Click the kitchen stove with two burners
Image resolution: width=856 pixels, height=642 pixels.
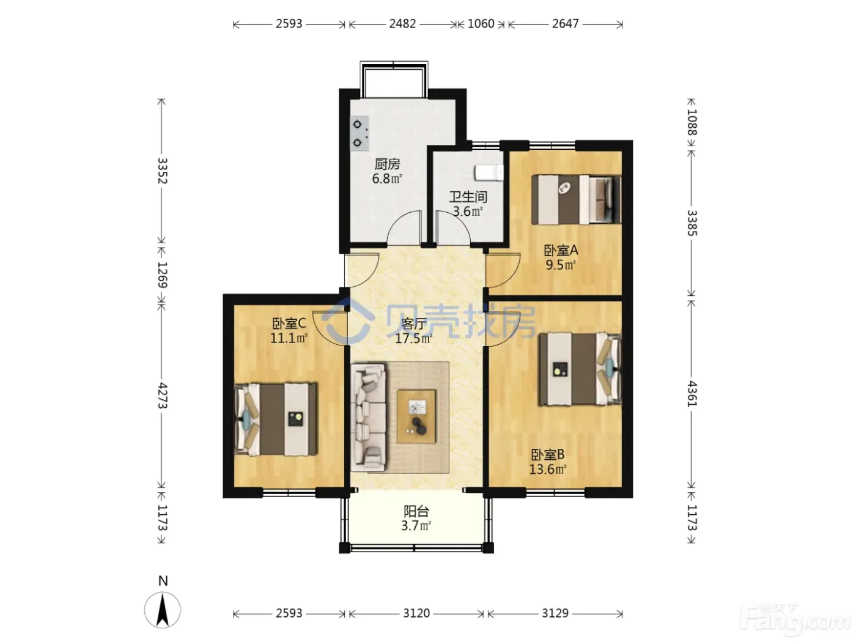coord(359,133)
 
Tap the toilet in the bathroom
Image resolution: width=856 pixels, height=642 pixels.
coord(489,172)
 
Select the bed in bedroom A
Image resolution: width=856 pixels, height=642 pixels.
coord(576,199)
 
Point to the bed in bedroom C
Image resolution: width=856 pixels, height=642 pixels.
coord(275,419)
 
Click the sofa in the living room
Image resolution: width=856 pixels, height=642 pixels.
coord(369,418)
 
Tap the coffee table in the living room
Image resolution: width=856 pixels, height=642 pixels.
coord(416,417)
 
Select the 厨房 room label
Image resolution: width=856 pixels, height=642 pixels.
coord(387,164)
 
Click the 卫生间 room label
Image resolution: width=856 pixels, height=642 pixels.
coord(468,197)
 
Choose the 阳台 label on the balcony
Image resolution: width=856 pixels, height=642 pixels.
coord(416,511)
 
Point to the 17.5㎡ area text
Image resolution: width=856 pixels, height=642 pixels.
coord(413,338)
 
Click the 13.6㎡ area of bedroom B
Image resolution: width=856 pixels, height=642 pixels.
coord(547,469)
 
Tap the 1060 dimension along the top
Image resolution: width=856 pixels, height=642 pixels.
coord(481,24)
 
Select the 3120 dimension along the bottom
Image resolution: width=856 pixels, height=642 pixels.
coord(416,613)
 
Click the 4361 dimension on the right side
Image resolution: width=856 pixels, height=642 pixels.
coord(692,394)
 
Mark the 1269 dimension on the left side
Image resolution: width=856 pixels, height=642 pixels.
coord(162,275)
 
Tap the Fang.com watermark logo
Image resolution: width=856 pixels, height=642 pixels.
coord(794,620)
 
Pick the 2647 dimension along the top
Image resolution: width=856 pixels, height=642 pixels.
coord(566,24)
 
